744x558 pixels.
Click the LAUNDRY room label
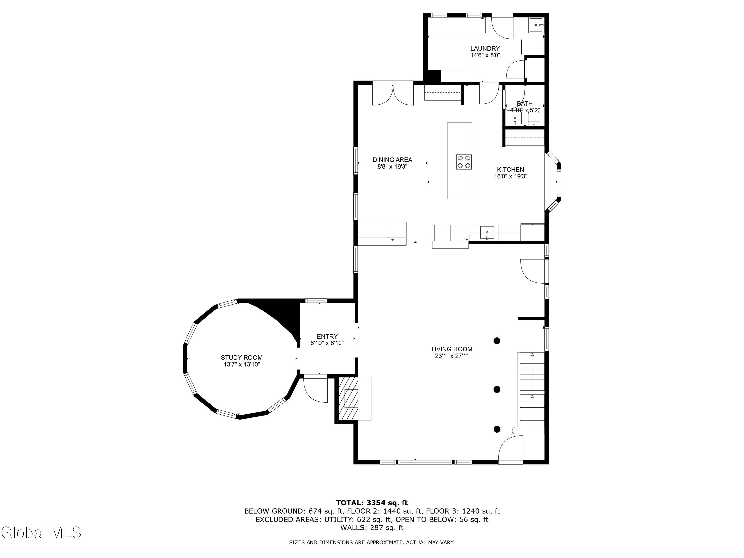tap(485, 48)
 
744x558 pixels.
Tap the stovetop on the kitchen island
tap(464, 162)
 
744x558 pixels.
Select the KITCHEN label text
tap(511, 170)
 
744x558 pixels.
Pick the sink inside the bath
tap(515, 118)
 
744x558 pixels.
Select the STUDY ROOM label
tap(242, 358)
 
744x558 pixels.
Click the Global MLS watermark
tap(41, 532)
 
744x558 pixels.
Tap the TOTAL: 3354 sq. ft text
tap(372, 503)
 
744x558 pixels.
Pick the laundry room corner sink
tap(536, 25)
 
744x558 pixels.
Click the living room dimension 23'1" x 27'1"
tap(452, 356)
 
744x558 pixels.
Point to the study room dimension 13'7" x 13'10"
tap(242, 364)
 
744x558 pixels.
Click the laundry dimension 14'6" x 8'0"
tap(485, 55)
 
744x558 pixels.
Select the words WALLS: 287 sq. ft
tap(372, 527)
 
